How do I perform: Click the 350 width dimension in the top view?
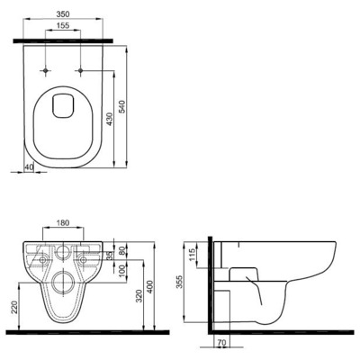pyautogui.click(x=63, y=16)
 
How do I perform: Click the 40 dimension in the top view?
pyautogui.click(x=30, y=166)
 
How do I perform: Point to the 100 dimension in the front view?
pyautogui.click(x=122, y=272)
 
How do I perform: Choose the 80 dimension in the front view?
pyautogui.click(x=122, y=252)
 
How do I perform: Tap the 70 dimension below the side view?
pyautogui.click(x=220, y=343)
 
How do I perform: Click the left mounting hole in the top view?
pyautogui.click(x=44, y=69)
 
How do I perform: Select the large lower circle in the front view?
pyautogui.click(x=63, y=287)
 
